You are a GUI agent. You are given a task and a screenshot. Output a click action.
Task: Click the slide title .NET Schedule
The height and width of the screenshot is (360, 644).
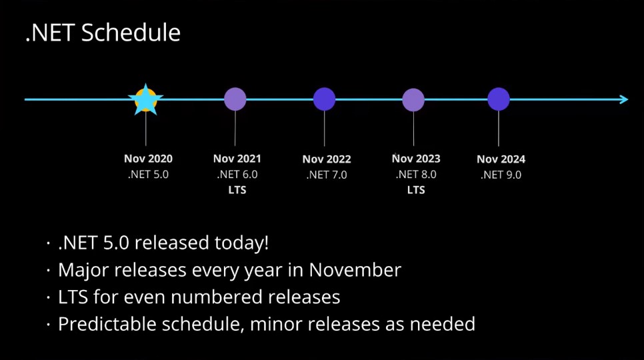[x=103, y=33]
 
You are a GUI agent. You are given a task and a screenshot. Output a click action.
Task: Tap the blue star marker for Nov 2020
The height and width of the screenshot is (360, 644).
[x=145, y=100]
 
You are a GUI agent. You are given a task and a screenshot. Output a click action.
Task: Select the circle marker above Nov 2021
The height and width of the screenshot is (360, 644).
[x=235, y=99]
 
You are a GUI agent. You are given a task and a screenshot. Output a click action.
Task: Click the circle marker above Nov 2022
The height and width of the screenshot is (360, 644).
[x=324, y=99]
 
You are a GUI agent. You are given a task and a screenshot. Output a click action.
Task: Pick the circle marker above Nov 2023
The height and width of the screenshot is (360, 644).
[x=413, y=99]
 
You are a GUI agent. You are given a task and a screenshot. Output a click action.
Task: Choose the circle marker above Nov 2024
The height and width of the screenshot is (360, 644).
[x=499, y=99]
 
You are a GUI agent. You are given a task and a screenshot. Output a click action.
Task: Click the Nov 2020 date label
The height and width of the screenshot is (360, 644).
[x=148, y=159]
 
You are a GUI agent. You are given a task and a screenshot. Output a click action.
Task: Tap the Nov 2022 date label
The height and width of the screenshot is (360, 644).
[x=327, y=159]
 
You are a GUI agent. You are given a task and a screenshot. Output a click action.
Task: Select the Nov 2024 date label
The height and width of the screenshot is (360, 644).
[x=501, y=159]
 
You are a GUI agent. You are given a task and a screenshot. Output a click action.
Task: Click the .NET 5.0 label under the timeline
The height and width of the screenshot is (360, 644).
[x=148, y=175]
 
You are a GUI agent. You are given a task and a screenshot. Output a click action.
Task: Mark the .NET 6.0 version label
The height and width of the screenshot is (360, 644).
[x=237, y=175]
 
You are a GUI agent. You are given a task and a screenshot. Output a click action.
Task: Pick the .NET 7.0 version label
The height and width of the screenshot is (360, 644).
[x=327, y=175]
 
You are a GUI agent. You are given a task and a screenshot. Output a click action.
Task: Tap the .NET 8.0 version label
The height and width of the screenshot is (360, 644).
[x=416, y=175]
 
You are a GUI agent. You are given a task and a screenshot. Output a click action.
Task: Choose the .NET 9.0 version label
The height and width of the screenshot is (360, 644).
[x=501, y=175]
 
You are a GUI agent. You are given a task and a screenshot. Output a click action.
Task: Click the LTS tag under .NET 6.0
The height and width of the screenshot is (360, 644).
[x=237, y=190]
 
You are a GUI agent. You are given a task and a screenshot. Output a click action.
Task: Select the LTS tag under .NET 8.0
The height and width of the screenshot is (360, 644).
[x=416, y=190]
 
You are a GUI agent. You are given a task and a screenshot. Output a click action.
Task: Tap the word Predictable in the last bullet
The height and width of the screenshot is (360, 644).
[x=106, y=325]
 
